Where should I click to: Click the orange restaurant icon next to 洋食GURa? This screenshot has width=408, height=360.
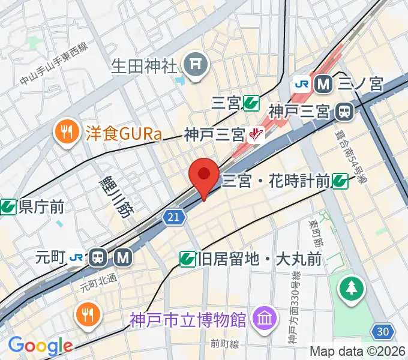pos(64,132)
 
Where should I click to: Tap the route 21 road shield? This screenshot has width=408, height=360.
pos(173,216)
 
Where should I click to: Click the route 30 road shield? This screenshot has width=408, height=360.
pos(382,330)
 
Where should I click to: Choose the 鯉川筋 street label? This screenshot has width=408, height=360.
pos(113,191)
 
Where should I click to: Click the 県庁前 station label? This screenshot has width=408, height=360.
pos(41,207)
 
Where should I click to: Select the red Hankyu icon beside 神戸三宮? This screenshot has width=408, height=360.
pos(257,134)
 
